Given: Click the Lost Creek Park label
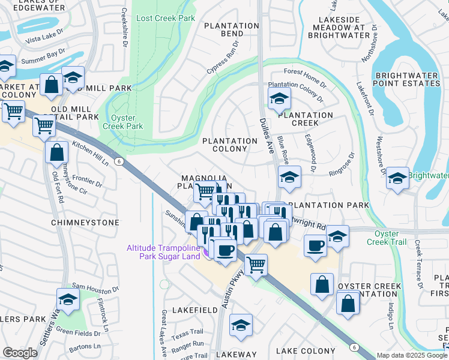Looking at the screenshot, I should [166, 19].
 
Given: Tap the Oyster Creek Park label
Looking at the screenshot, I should [126, 122].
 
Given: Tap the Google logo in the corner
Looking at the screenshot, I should [20, 353].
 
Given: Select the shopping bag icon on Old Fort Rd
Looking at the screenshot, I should [56, 153].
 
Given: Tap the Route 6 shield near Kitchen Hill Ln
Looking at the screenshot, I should [120, 161].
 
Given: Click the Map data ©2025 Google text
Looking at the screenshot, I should [412, 355].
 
